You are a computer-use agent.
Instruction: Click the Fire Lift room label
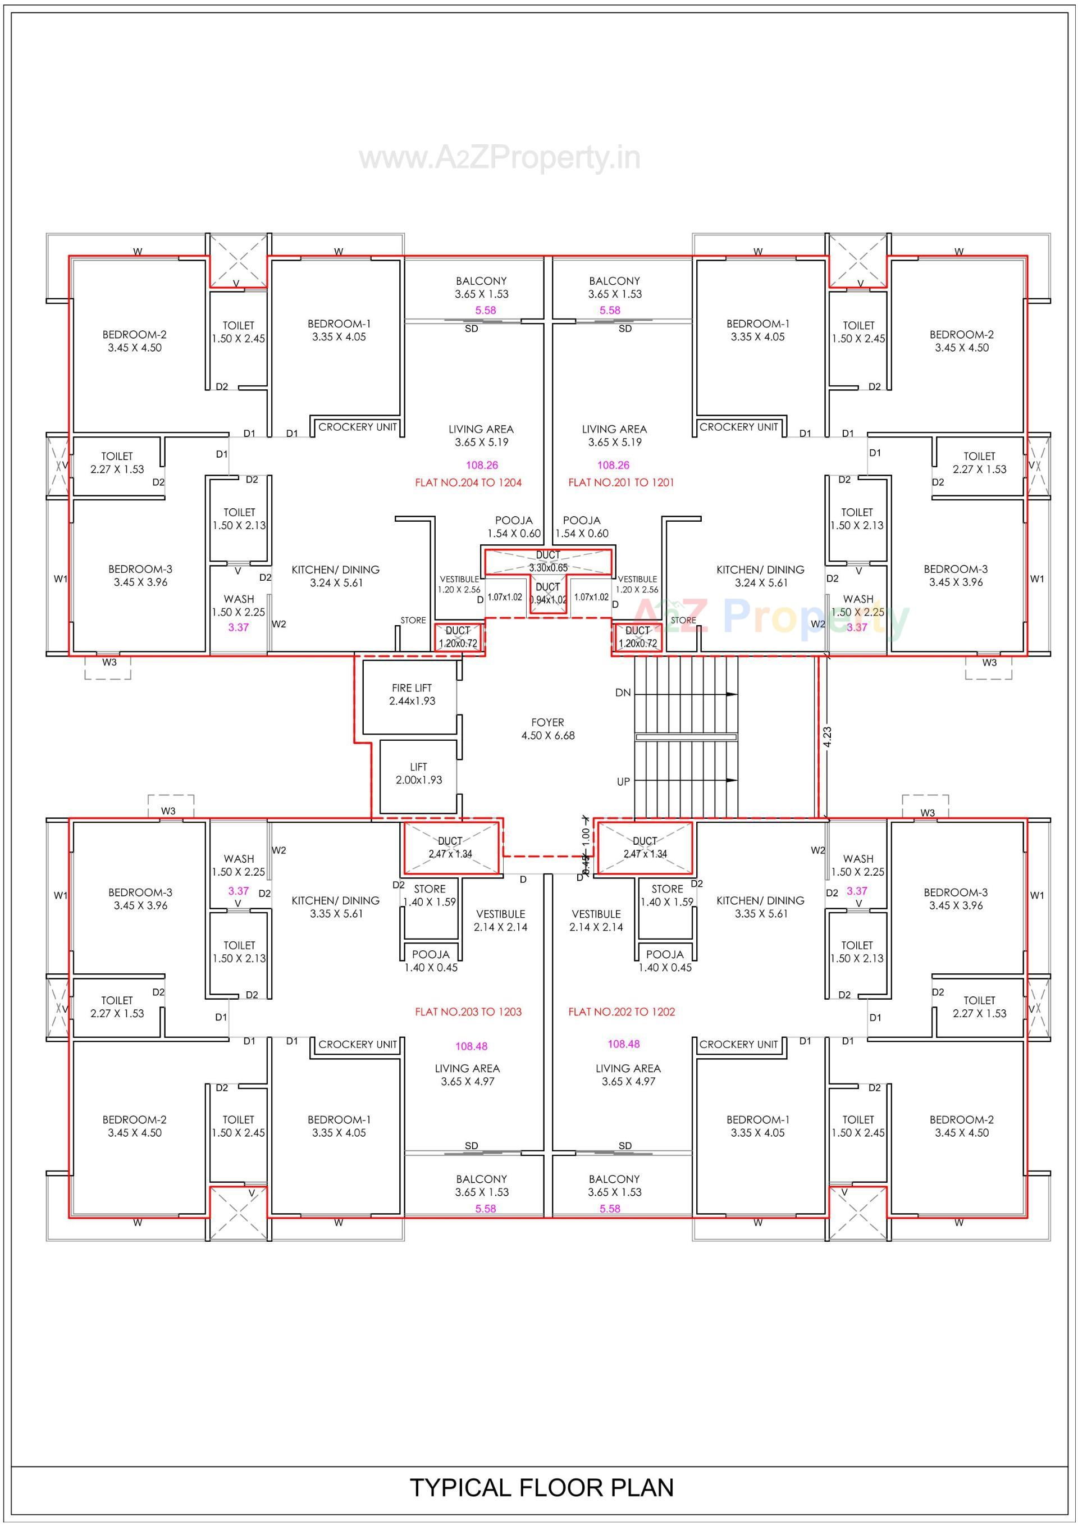[412, 694]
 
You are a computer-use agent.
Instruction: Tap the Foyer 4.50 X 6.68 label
[547, 728]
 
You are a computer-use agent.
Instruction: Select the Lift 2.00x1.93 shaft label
[418, 773]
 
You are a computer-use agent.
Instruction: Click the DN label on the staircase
[623, 693]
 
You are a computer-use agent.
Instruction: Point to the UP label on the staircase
[623, 782]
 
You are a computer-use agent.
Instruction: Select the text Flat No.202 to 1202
[622, 1012]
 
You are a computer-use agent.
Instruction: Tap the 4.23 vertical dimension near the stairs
[827, 737]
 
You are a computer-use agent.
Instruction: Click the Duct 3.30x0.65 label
[549, 561]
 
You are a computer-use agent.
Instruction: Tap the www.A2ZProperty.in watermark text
[499, 158]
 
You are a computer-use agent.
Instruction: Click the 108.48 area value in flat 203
[471, 1046]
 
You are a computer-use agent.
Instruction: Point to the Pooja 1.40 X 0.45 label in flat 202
[665, 960]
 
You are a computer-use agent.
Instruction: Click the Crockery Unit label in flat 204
[358, 427]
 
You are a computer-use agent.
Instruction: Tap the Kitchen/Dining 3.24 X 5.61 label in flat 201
[760, 576]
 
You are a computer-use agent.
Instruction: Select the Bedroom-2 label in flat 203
[135, 1126]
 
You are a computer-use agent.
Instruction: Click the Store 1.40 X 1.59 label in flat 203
[430, 895]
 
